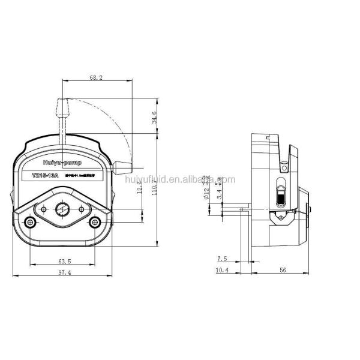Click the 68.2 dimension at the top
(x=97, y=77)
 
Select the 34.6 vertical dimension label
(x=154, y=116)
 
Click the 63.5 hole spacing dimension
(x=64, y=262)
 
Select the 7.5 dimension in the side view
(x=223, y=259)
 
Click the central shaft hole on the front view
(x=62, y=210)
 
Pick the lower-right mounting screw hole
(x=95, y=223)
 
